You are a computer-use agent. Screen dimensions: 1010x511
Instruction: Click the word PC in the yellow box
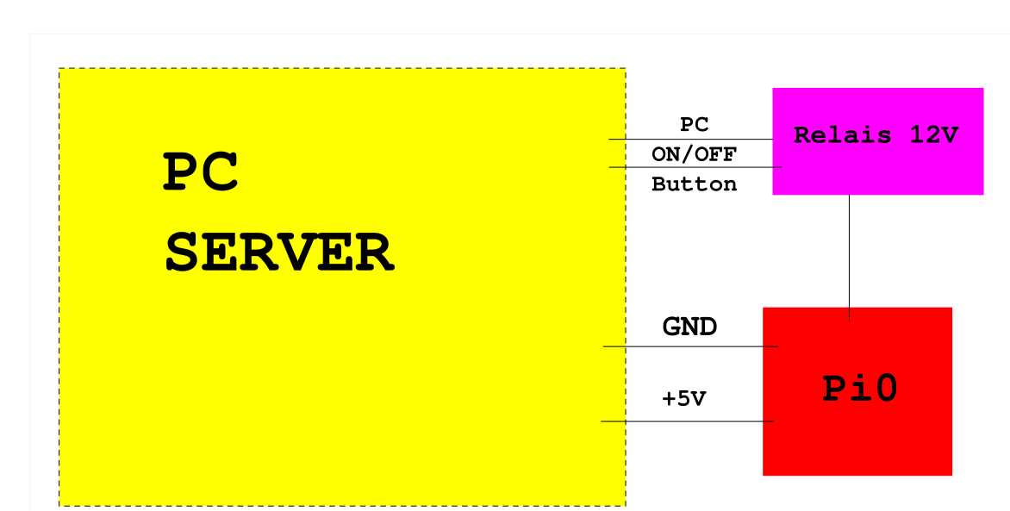(201, 171)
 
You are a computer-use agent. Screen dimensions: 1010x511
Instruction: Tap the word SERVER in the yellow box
(280, 253)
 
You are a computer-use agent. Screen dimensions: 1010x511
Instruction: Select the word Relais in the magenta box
(843, 135)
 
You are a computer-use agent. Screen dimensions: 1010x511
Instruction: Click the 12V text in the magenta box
(934, 135)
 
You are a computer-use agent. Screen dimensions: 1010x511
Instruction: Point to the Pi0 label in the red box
(860, 389)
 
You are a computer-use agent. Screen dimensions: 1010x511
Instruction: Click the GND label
(689, 327)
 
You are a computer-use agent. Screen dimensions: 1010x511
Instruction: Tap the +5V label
(684, 399)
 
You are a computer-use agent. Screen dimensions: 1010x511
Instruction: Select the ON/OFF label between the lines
(694, 154)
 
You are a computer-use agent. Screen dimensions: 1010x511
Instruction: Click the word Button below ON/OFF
(694, 184)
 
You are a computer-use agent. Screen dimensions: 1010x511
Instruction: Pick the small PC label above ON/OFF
(694, 124)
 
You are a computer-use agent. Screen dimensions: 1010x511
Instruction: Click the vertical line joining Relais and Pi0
(849, 258)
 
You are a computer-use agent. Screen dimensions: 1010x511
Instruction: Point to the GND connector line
(690, 346)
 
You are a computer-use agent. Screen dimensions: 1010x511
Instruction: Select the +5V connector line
(688, 421)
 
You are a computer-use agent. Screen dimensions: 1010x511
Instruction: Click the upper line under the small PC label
(690, 140)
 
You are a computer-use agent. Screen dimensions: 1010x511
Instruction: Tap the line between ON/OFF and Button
(695, 167)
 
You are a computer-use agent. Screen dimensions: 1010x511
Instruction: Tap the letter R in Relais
(802, 135)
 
